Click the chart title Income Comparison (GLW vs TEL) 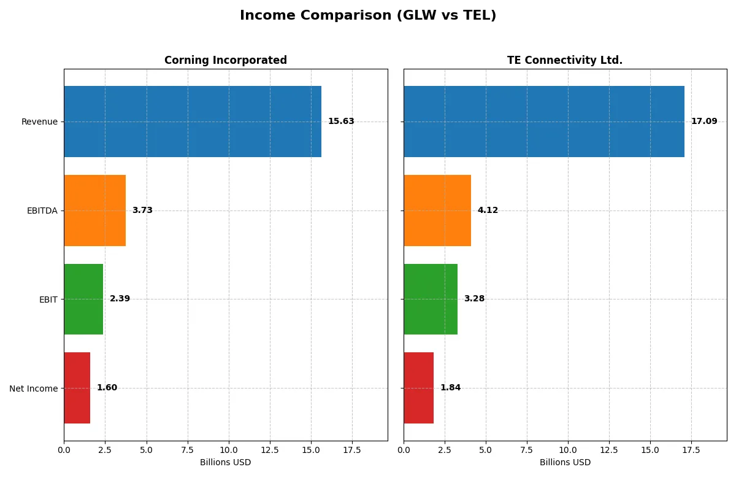[x=368, y=15]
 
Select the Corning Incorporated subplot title [x=225, y=60]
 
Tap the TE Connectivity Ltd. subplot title [x=564, y=60]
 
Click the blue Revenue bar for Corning [x=193, y=122]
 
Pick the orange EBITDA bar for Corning [x=94, y=211]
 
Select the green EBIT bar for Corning [x=83, y=299]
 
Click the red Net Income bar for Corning [x=77, y=388]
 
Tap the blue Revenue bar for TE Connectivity [x=544, y=122]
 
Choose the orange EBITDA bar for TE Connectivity [x=437, y=211]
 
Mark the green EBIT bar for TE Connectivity [x=431, y=299]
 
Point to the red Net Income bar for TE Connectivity [x=418, y=388]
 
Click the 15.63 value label [x=341, y=122]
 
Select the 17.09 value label [x=704, y=122]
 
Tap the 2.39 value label [x=120, y=299]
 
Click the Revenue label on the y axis [x=39, y=122]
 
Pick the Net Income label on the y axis [x=33, y=389]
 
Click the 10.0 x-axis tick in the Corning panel [x=228, y=450]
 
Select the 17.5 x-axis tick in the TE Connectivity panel [x=691, y=450]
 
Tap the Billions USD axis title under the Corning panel [x=225, y=463]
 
